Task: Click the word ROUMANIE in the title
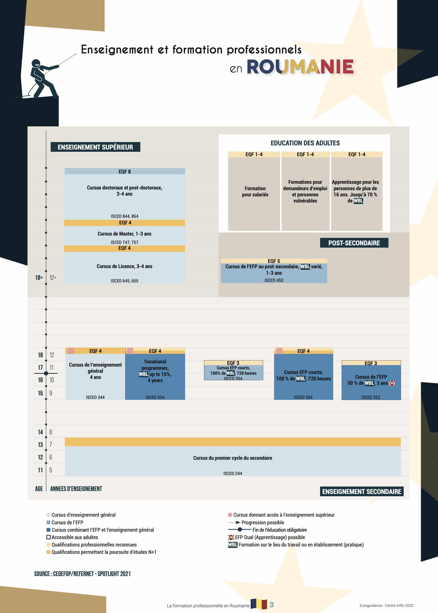coord(300,67)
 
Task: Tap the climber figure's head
coord(36,64)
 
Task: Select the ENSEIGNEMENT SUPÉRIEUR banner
coord(95,147)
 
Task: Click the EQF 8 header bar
coord(125,172)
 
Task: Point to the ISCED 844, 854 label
coord(124,216)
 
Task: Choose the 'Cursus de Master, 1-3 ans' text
coord(124,234)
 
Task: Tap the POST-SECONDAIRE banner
coord(354,243)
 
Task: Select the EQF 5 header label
coord(274,261)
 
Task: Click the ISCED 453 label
coord(274,280)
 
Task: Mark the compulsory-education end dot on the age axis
coord(46,373)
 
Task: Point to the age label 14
coord(40,432)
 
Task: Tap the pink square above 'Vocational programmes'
coord(130,351)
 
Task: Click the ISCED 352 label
coord(371,397)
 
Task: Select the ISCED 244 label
coord(233,474)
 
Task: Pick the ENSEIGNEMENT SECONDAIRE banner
coord(361,492)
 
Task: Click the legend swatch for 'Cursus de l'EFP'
coord(49,522)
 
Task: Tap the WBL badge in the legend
coord(233,545)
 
